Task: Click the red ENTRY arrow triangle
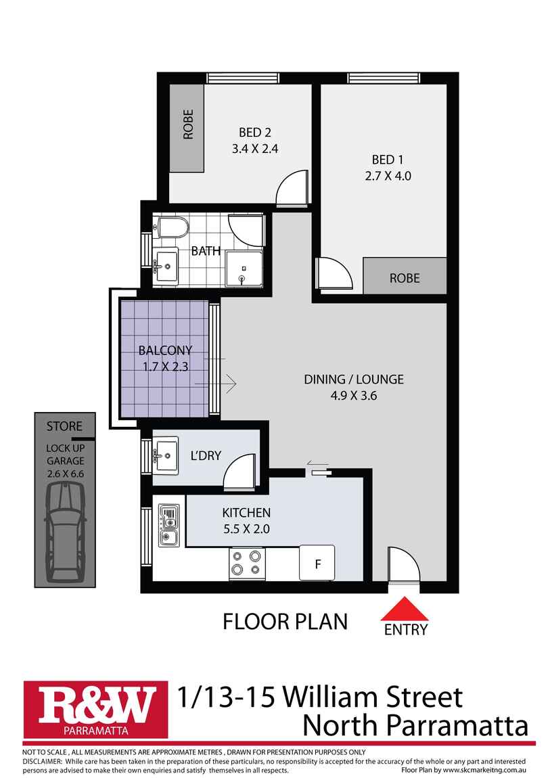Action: [405, 610]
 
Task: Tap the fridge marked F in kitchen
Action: [317, 562]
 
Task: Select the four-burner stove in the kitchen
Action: [246, 563]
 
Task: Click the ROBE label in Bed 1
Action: [405, 277]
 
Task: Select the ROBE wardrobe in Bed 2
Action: [187, 127]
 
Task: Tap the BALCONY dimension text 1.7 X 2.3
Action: [166, 367]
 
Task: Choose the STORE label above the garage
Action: [65, 426]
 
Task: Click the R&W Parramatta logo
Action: [96, 708]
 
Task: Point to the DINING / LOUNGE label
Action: [353, 379]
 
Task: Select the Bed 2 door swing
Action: [293, 189]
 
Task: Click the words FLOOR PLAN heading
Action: [285, 621]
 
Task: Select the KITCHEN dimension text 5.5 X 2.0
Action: [246, 529]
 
